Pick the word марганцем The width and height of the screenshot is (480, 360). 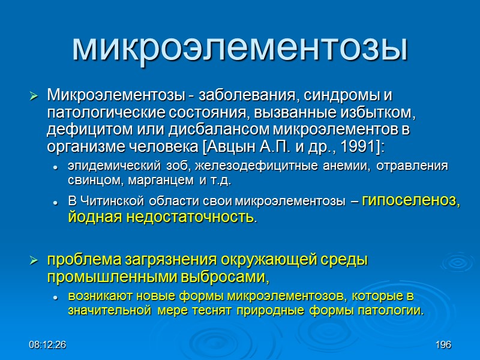point(146,180)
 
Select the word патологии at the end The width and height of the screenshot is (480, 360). point(392,310)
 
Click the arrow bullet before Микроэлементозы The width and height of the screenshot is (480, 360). point(34,95)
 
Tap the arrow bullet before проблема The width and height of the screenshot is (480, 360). point(34,261)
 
